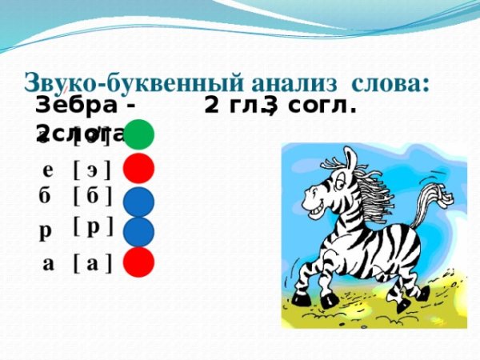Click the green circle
138,134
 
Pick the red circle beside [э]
138,169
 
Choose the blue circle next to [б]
138,201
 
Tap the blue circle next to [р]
138,231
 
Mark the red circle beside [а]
138,262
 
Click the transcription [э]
91,170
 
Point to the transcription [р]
92,226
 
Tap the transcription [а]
91,263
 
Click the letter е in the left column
47,170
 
